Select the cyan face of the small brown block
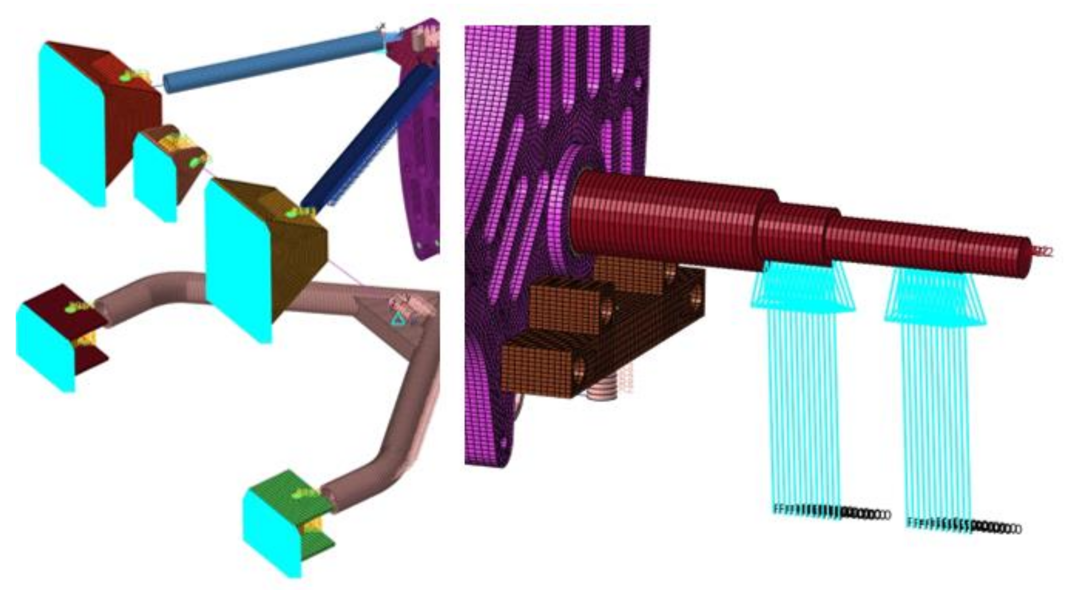[154, 177]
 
